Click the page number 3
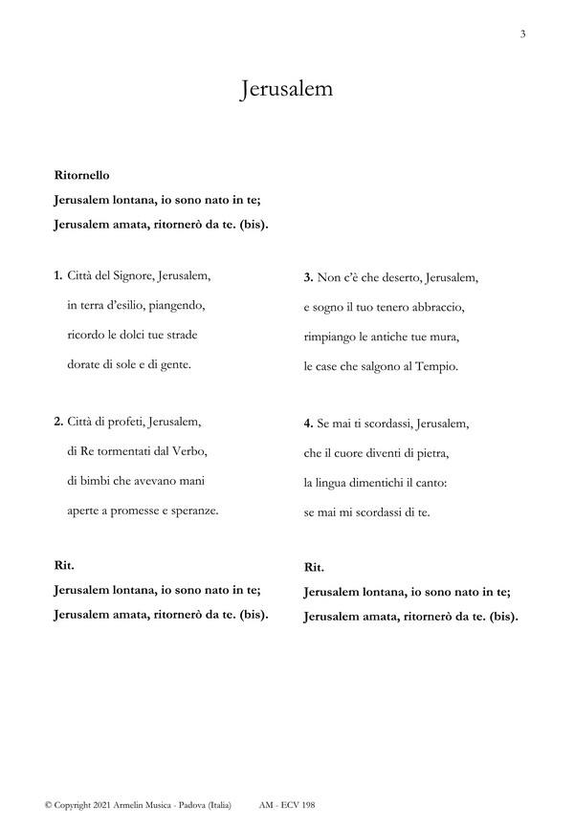(523, 34)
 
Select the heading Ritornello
(83, 176)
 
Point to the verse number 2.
(58, 422)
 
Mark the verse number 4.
(308, 423)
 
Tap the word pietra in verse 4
(429, 452)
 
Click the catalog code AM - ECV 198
(286, 807)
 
